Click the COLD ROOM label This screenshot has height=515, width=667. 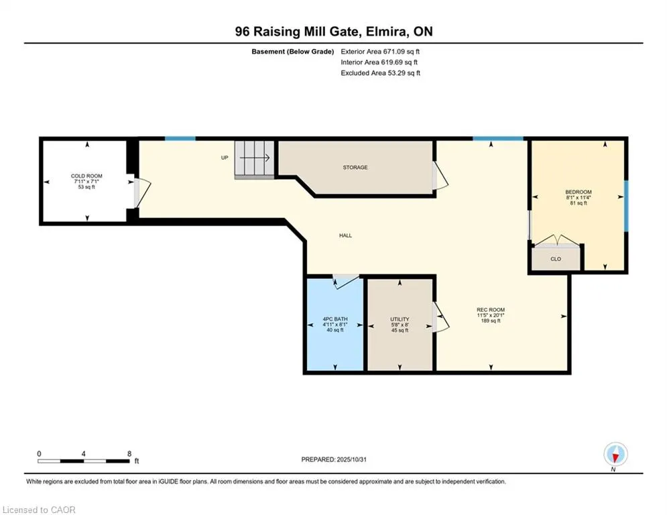coord(86,176)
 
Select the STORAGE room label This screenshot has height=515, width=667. coord(355,168)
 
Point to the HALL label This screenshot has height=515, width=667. coord(345,235)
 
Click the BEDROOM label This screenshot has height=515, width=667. coord(578,192)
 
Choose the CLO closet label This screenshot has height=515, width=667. coord(556,258)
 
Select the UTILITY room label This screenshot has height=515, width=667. coord(400,319)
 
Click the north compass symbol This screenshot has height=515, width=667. coord(615,455)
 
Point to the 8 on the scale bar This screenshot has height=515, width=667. coord(129,453)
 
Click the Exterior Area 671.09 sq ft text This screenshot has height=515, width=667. coord(380,51)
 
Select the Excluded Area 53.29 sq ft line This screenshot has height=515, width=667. coord(380,73)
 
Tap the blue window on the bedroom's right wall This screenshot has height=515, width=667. coord(627,205)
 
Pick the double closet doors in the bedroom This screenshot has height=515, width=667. coord(556,241)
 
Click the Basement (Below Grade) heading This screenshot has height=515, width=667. coord(292,51)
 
